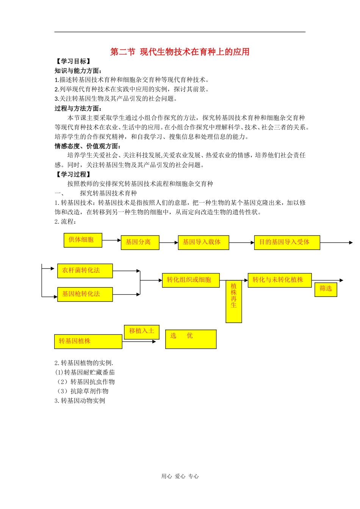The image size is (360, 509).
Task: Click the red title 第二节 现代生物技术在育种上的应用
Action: pyautogui.click(x=180, y=52)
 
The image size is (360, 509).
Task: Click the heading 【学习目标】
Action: pyautogui.click(x=73, y=61)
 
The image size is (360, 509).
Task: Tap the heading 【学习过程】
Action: pyautogui.click(x=73, y=174)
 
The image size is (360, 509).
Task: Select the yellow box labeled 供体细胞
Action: pyautogui.click(x=83, y=240)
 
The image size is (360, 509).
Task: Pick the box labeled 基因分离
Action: pyautogui.click(x=139, y=242)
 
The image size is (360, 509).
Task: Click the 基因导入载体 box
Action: pyautogui.click(x=203, y=242)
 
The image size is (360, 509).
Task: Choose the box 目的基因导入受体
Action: pyautogui.click(x=286, y=242)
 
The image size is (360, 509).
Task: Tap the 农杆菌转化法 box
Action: pyautogui.click(x=85, y=271)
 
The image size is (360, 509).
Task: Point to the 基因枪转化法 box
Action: pyautogui.click(x=85, y=294)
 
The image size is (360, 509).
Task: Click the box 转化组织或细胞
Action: pyautogui.click(x=191, y=280)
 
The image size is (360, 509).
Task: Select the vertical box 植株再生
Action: pyautogui.click(x=233, y=301)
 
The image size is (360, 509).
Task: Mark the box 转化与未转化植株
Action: pyautogui.click(x=279, y=280)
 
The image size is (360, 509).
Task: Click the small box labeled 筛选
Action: pyautogui.click(x=326, y=289)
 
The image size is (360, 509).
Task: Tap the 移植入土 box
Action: pyautogui.click(x=142, y=332)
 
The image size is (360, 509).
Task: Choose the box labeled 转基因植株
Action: pyautogui.click(x=88, y=341)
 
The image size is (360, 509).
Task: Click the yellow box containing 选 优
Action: pyautogui.click(x=191, y=339)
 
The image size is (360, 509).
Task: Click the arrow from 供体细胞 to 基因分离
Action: pyautogui.click(x=111, y=240)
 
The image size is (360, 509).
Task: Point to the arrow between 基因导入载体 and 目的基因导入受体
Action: pyautogui.click(x=241, y=242)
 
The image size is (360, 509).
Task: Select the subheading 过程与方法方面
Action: pyautogui.click(x=78, y=108)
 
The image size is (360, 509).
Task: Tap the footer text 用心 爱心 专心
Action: pyautogui.click(x=180, y=476)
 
